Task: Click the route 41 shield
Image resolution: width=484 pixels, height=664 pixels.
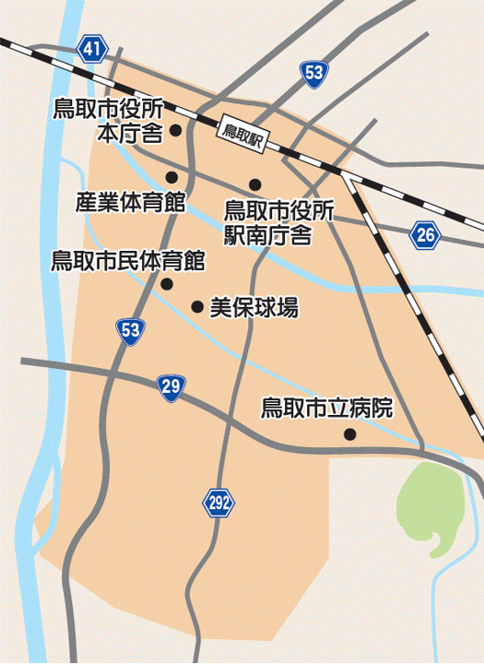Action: point(89,50)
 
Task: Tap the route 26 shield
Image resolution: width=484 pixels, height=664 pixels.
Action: point(424,235)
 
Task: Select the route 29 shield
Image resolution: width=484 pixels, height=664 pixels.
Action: point(169,386)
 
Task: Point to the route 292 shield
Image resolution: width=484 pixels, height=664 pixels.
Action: point(218,503)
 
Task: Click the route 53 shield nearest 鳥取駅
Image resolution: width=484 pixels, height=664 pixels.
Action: point(313,73)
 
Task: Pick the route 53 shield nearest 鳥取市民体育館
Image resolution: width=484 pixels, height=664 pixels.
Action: point(131,329)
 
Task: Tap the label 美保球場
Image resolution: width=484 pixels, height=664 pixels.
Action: point(254,308)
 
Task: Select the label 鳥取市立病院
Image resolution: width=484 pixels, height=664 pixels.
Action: point(326,408)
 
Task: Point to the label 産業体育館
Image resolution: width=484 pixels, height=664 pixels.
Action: point(130,201)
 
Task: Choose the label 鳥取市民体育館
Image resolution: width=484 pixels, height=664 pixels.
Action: point(127,260)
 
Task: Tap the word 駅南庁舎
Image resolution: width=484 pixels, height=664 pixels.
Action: point(267,233)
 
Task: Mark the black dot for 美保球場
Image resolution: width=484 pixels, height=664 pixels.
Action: point(196,306)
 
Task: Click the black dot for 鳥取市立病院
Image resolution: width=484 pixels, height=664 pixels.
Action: point(349,434)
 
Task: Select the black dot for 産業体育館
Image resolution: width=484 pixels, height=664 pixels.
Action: point(171,177)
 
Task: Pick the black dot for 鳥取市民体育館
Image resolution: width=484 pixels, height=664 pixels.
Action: point(166,283)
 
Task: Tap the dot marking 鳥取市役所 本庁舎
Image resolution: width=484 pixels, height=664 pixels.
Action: point(174,131)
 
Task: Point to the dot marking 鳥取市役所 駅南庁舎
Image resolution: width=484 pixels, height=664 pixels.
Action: point(254,184)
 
